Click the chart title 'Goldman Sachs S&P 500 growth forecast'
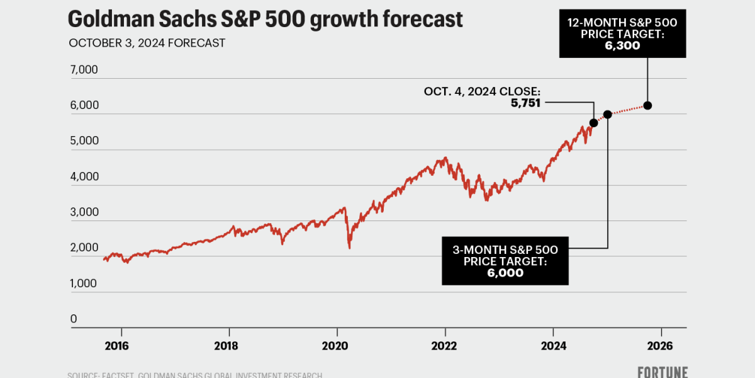(265, 19)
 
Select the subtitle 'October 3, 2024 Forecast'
(147, 43)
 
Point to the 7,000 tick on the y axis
(84, 69)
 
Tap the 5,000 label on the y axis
(84, 140)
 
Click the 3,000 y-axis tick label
(84, 212)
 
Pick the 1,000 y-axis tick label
(84, 283)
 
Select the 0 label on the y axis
(74, 319)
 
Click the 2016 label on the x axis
(121, 345)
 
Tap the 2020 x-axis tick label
(337, 345)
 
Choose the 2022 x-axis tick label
(445, 345)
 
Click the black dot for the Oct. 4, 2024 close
(593, 123)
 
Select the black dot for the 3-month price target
(607, 114)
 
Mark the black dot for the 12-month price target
(647, 105)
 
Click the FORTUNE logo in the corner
(662, 372)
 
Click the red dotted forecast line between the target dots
(627, 110)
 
